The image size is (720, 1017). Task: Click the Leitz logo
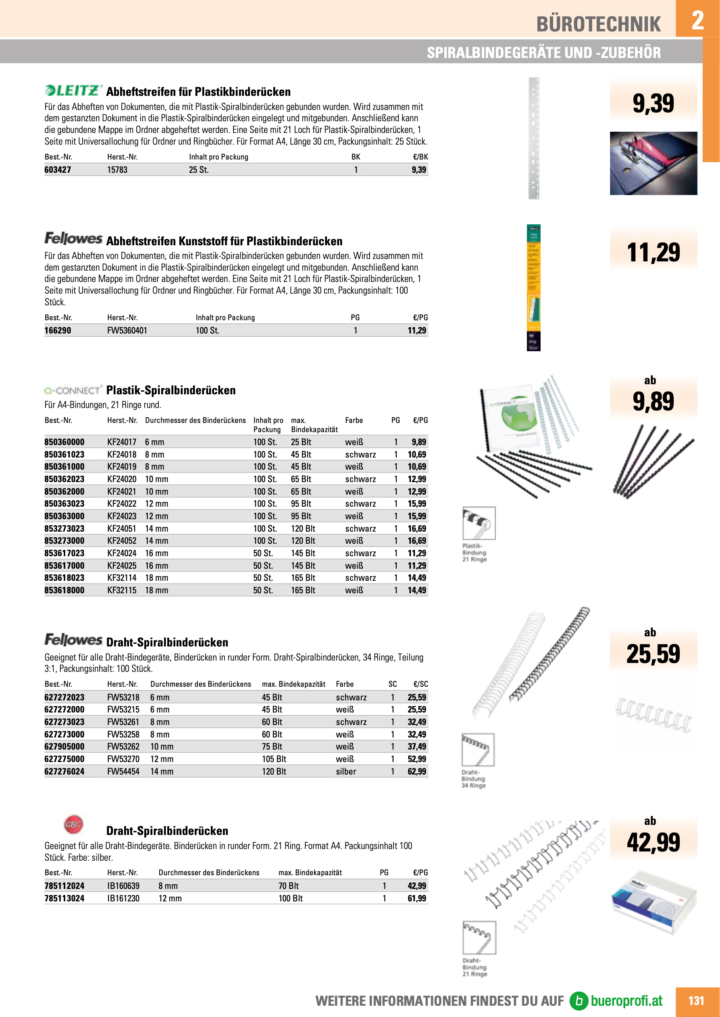pos(74,90)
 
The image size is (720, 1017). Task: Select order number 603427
pos(58,170)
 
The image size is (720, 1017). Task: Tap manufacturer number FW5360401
pos(127,330)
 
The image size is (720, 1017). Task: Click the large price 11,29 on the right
pos(653,253)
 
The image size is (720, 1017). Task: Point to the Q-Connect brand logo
pos(73,390)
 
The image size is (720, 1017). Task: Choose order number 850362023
pos(64,479)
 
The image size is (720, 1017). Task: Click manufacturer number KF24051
pos(121,528)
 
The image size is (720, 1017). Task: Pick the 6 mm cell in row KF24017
pos(154,442)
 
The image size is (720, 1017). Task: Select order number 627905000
pos(64,746)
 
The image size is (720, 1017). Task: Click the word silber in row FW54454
pos(346,771)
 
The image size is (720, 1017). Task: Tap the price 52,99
pos(417,759)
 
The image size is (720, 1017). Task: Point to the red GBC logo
pos(74,824)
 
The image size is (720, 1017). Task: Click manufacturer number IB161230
pos(123,898)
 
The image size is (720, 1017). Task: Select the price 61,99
pos(417,898)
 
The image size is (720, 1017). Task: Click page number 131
pos(696,1000)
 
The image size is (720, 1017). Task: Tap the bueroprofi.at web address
pos(626,1000)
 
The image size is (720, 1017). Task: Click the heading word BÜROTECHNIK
pos(598,24)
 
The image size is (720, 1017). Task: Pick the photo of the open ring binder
pos(653,163)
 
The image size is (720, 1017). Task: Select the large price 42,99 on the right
pos(653,842)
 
